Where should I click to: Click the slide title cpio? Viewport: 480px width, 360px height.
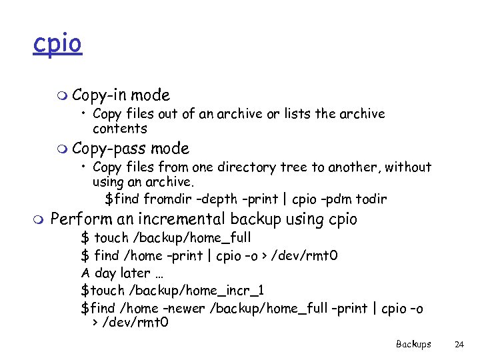tap(57, 44)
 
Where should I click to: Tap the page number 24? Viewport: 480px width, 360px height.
tap(459, 345)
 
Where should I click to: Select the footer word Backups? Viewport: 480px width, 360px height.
tap(413, 345)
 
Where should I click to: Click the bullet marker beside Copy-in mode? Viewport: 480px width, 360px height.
tap(62, 96)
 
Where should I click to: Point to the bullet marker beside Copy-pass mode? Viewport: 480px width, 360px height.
tap(62, 149)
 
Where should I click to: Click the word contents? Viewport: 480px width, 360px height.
tap(119, 129)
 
